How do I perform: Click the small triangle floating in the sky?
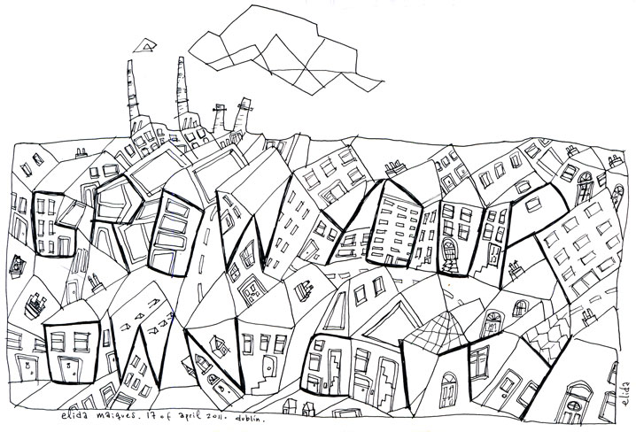click(x=143, y=43)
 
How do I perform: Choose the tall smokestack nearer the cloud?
click(x=182, y=93)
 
